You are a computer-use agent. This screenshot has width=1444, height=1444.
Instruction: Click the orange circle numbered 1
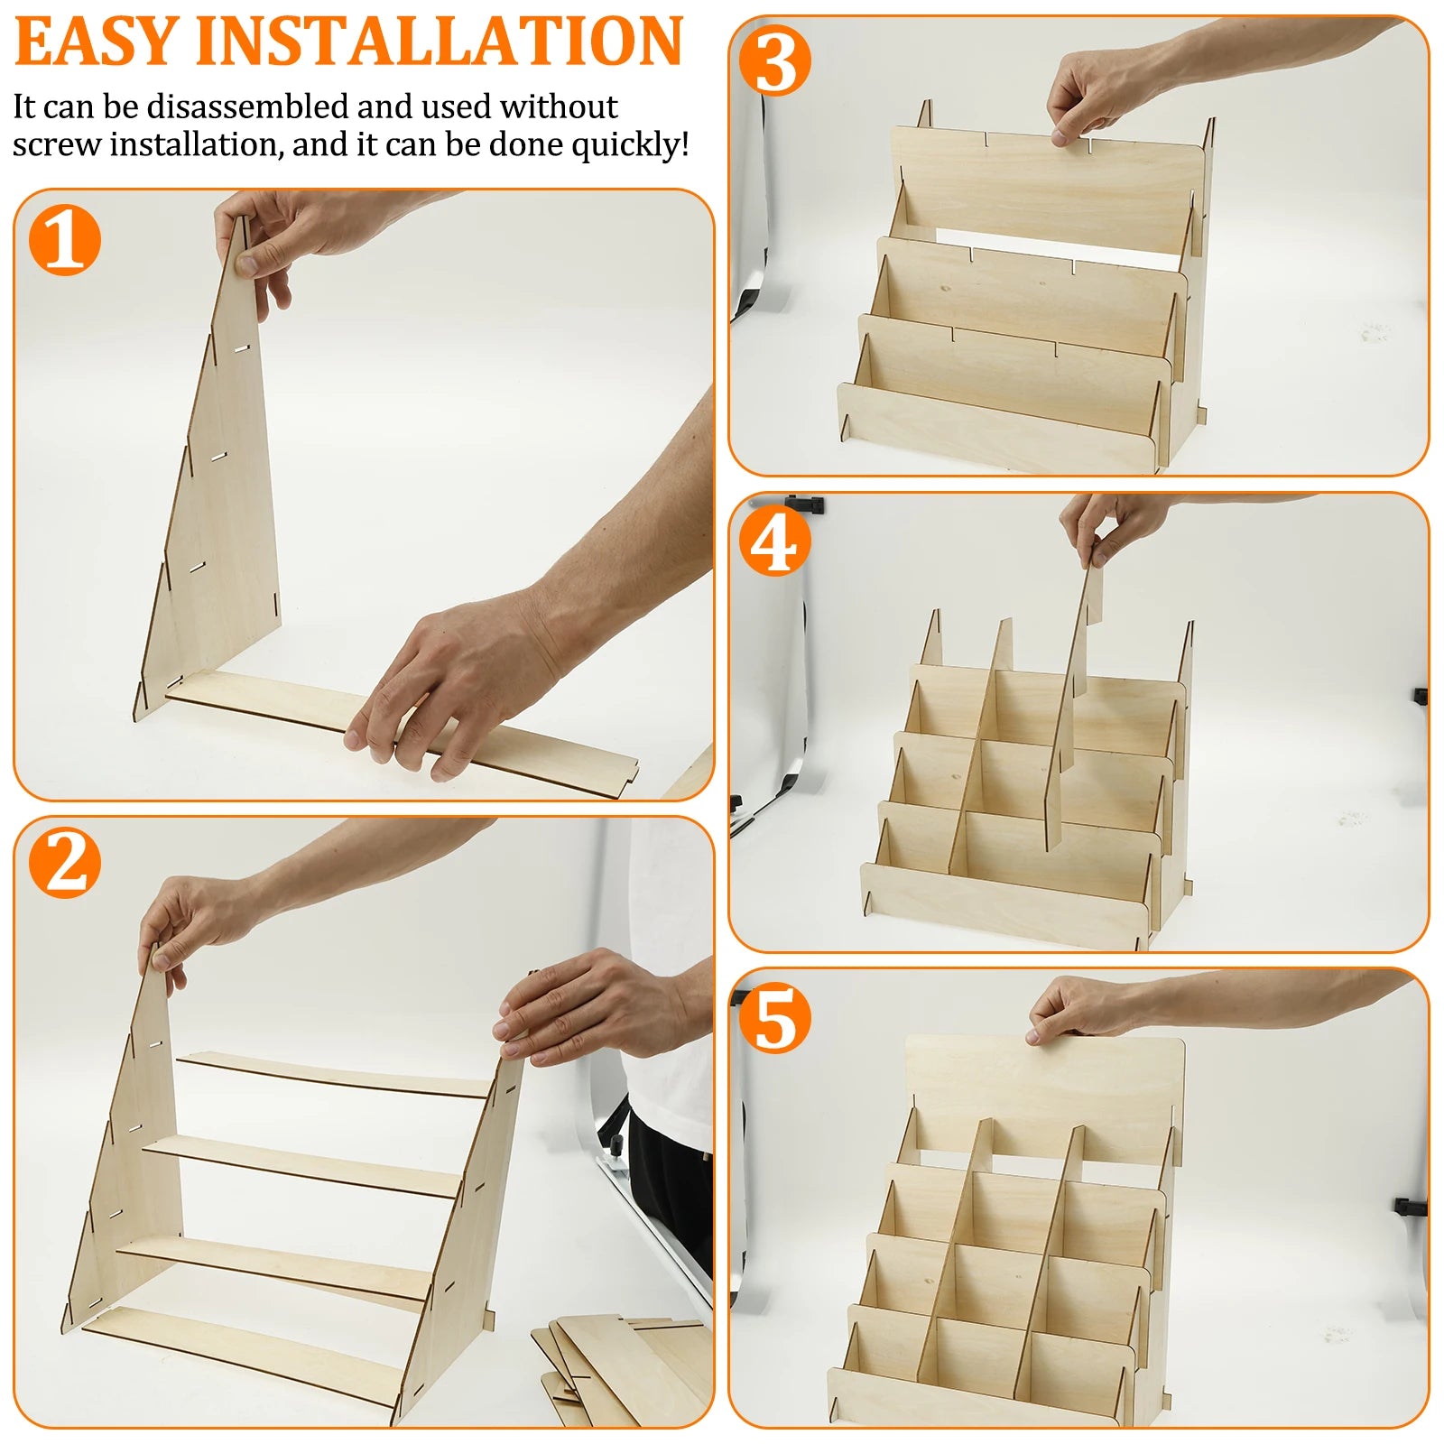coord(63,239)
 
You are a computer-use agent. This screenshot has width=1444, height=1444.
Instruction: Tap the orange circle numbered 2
coord(63,864)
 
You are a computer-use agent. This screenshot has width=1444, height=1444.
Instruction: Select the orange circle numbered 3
coord(774,61)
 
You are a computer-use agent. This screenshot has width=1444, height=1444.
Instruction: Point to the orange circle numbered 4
coord(774,541)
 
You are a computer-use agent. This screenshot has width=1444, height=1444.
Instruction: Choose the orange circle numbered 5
coord(774,1018)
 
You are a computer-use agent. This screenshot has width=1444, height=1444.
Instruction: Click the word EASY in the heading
coord(96,42)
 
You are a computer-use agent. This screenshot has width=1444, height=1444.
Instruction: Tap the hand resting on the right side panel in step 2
coord(587,1006)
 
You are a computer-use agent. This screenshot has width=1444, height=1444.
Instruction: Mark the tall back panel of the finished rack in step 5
coord(1047,1092)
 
